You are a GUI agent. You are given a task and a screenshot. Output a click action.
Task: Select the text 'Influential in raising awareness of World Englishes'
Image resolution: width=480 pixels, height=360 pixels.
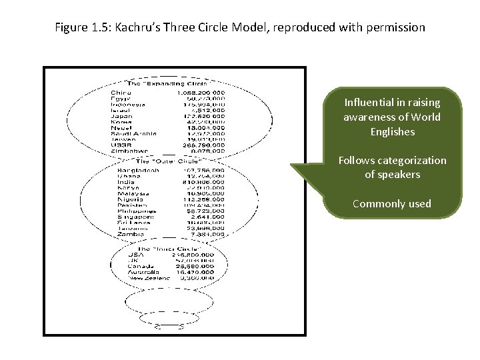tap(392, 117)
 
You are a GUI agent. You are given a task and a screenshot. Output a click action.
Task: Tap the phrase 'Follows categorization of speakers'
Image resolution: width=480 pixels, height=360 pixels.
tap(392, 167)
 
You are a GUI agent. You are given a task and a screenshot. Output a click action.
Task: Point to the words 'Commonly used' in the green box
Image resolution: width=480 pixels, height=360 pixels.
tap(392, 203)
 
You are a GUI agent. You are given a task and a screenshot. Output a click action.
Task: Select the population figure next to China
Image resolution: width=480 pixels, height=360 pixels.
tap(201, 93)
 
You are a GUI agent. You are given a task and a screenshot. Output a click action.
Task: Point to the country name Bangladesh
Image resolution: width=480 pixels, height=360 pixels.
tap(138, 170)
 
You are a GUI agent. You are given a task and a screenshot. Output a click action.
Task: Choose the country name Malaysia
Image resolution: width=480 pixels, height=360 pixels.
tap(132, 193)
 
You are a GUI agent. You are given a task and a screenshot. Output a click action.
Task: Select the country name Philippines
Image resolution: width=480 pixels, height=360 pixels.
tap(135, 211)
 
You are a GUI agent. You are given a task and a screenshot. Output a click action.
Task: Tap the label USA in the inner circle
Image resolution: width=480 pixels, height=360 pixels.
tap(135, 255)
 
